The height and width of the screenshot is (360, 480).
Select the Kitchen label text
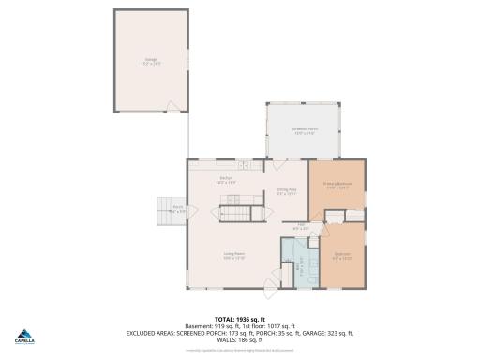(226, 180)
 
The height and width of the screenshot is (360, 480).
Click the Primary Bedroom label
(337, 186)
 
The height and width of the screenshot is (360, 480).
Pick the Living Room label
(233, 256)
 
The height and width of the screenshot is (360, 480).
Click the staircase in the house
(237, 216)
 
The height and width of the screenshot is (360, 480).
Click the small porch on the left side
(177, 210)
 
